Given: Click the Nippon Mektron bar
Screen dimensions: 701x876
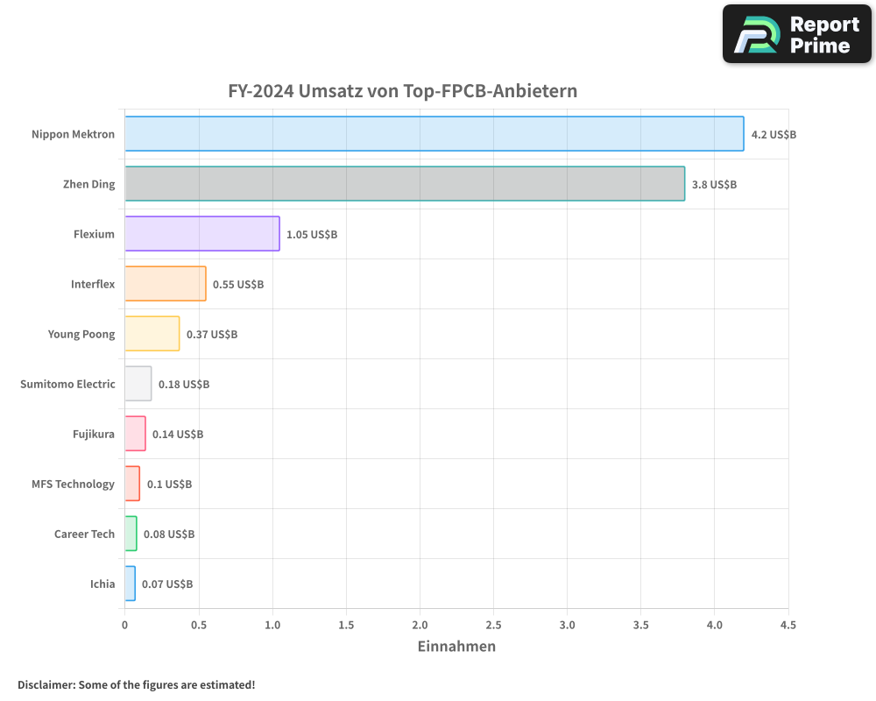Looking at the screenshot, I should tap(434, 134).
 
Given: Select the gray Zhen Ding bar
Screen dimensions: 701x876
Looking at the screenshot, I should tap(404, 184).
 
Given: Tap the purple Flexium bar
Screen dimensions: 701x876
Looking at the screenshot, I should tap(201, 234).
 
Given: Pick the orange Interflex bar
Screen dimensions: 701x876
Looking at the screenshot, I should tap(165, 284).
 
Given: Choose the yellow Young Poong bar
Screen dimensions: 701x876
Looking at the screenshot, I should tap(152, 334).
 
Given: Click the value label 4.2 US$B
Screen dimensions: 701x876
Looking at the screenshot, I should tap(774, 134).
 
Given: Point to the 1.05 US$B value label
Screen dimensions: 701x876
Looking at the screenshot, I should tap(312, 234).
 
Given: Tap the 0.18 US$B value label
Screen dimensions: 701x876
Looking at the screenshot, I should tap(184, 384).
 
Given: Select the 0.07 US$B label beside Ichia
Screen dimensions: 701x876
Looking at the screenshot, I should tap(167, 584).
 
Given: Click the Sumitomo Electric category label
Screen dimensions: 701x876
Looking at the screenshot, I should tap(67, 384).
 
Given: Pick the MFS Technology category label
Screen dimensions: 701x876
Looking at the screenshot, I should tap(73, 484).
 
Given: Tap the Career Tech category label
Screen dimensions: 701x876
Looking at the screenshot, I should tap(84, 534).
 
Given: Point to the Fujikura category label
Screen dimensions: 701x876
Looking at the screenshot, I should tap(94, 434).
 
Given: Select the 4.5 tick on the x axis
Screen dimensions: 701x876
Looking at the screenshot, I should tap(788, 625).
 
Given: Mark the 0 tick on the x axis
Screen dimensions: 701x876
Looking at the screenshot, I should tap(124, 625).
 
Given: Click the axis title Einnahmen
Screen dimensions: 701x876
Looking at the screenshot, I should tap(456, 647).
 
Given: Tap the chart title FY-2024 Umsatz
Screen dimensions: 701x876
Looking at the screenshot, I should tap(402, 91).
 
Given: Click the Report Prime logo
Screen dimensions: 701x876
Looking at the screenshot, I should tap(797, 34).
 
